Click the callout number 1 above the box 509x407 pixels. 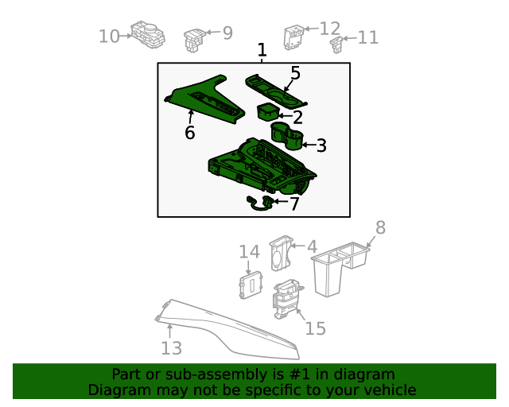coord(262,51)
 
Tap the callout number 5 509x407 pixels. coord(295,73)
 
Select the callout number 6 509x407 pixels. coord(189,133)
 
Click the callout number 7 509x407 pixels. coord(293,203)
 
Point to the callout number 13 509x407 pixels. coord(172,347)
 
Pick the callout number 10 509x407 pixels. coord(108,36)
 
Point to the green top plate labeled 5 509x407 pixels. coord(274,90)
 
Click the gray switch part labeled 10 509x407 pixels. coord(147,34)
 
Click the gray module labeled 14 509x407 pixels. coord(251,285)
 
